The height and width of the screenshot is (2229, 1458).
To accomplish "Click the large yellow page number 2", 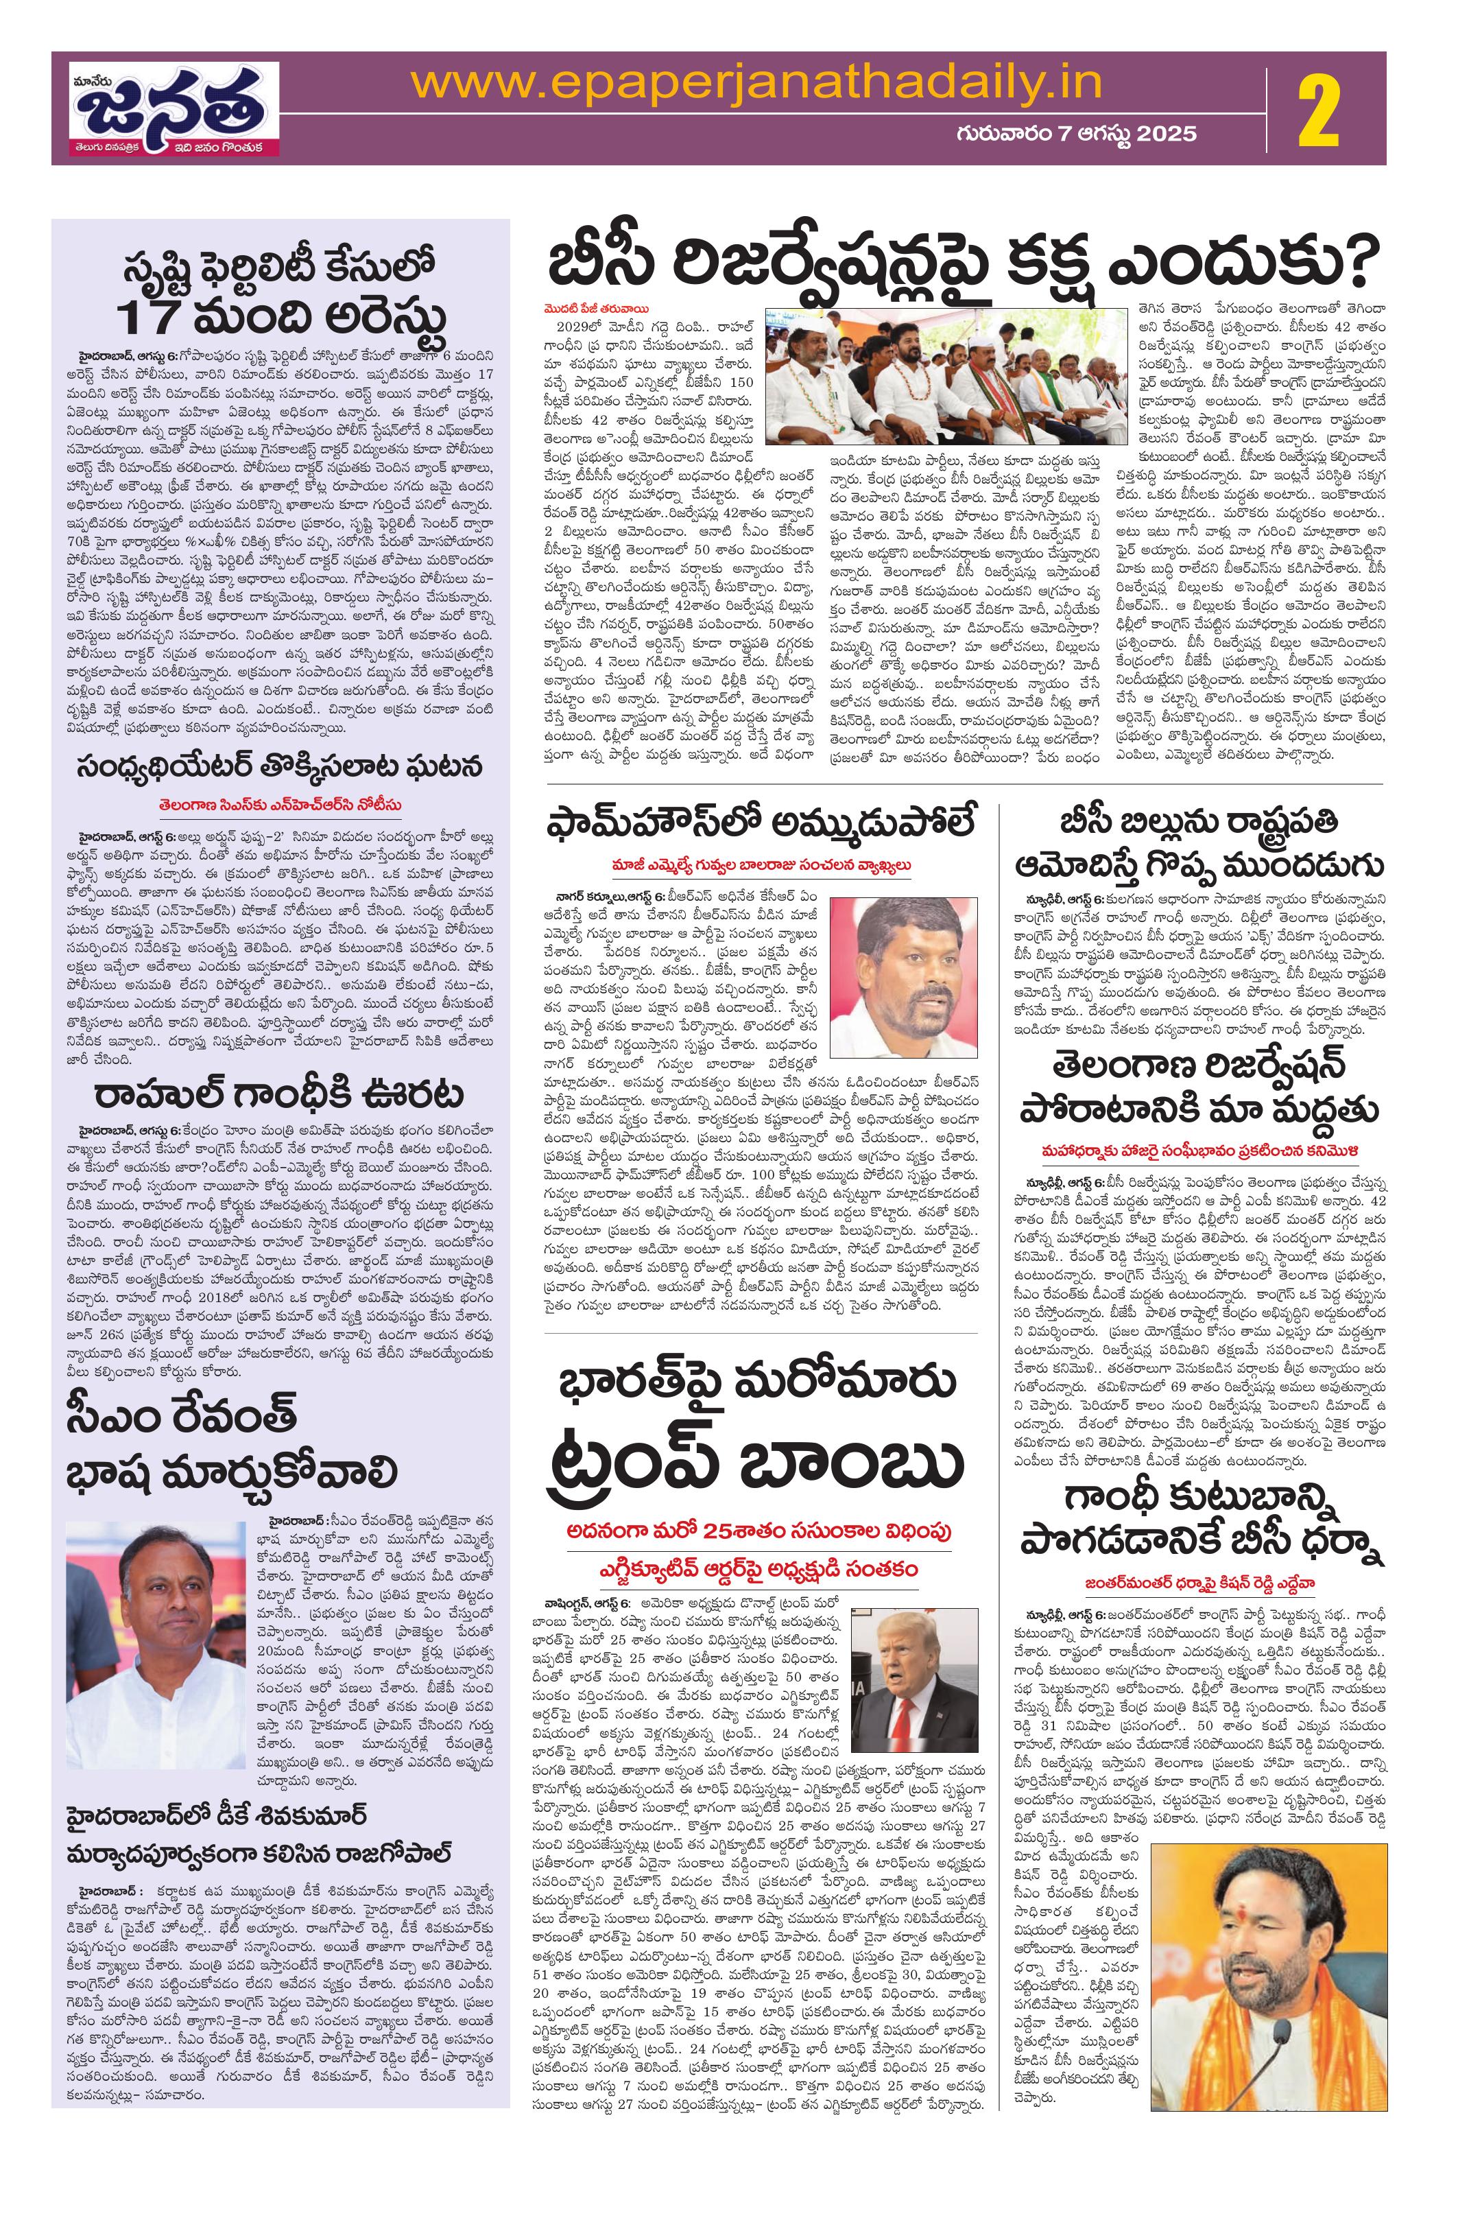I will [x=1330, y=108].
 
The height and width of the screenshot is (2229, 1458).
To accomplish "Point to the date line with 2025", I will [x=1076, y=134].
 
